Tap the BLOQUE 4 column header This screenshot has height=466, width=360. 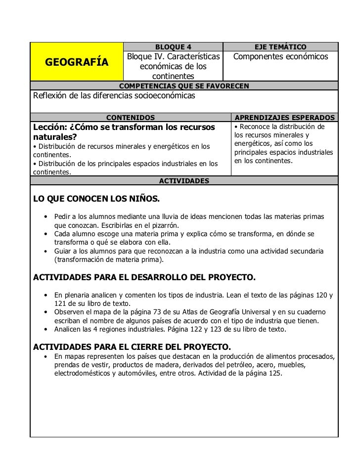(x=173, y=47)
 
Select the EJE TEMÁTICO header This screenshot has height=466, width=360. (x=280, y=47)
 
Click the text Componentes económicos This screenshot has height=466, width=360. (x=280, y=57)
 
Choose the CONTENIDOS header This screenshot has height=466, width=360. (x=131, y=118)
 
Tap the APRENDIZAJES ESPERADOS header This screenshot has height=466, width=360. (x=285, y=118)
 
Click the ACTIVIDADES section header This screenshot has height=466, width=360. (x=184, y=181)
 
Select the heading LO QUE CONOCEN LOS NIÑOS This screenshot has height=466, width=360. (x=96, y=200)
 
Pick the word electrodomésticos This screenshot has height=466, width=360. (x=82, y=374)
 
